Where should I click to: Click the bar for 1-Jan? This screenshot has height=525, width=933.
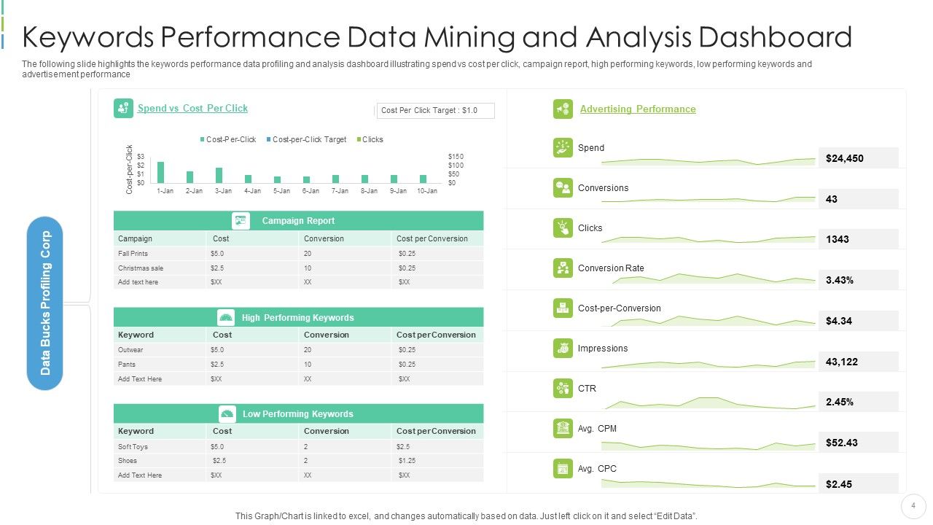coord(161,172)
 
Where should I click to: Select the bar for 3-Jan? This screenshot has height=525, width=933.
coord(219,175)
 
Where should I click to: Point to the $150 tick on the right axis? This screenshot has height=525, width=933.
coord(456,157)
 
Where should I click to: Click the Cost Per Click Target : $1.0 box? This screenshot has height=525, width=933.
coord(435,110)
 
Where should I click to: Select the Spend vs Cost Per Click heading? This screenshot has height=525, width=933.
coord(192,108)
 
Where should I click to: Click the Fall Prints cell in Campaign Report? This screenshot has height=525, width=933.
coord(133,253)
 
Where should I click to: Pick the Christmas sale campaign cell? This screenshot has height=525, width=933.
coord(141,268)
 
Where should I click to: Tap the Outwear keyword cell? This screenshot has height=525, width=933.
coord(130,349)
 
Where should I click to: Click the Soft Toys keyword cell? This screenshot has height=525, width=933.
coord(133,446)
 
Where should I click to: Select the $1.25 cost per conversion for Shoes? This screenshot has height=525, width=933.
coord(407,460)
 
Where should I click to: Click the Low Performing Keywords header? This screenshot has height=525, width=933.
coord(297,413)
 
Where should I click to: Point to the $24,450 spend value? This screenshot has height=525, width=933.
coord(845,158)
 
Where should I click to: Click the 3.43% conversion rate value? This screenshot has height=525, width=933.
coord(840,280)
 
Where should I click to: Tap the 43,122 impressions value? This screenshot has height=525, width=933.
coord(842,362)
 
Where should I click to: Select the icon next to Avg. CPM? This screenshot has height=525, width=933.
coord(563,428)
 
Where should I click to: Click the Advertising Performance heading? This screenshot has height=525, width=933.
coord(637,109)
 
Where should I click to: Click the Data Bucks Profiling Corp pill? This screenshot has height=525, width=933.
coord(45,303)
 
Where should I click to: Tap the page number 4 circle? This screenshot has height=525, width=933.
coord(913,505)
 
